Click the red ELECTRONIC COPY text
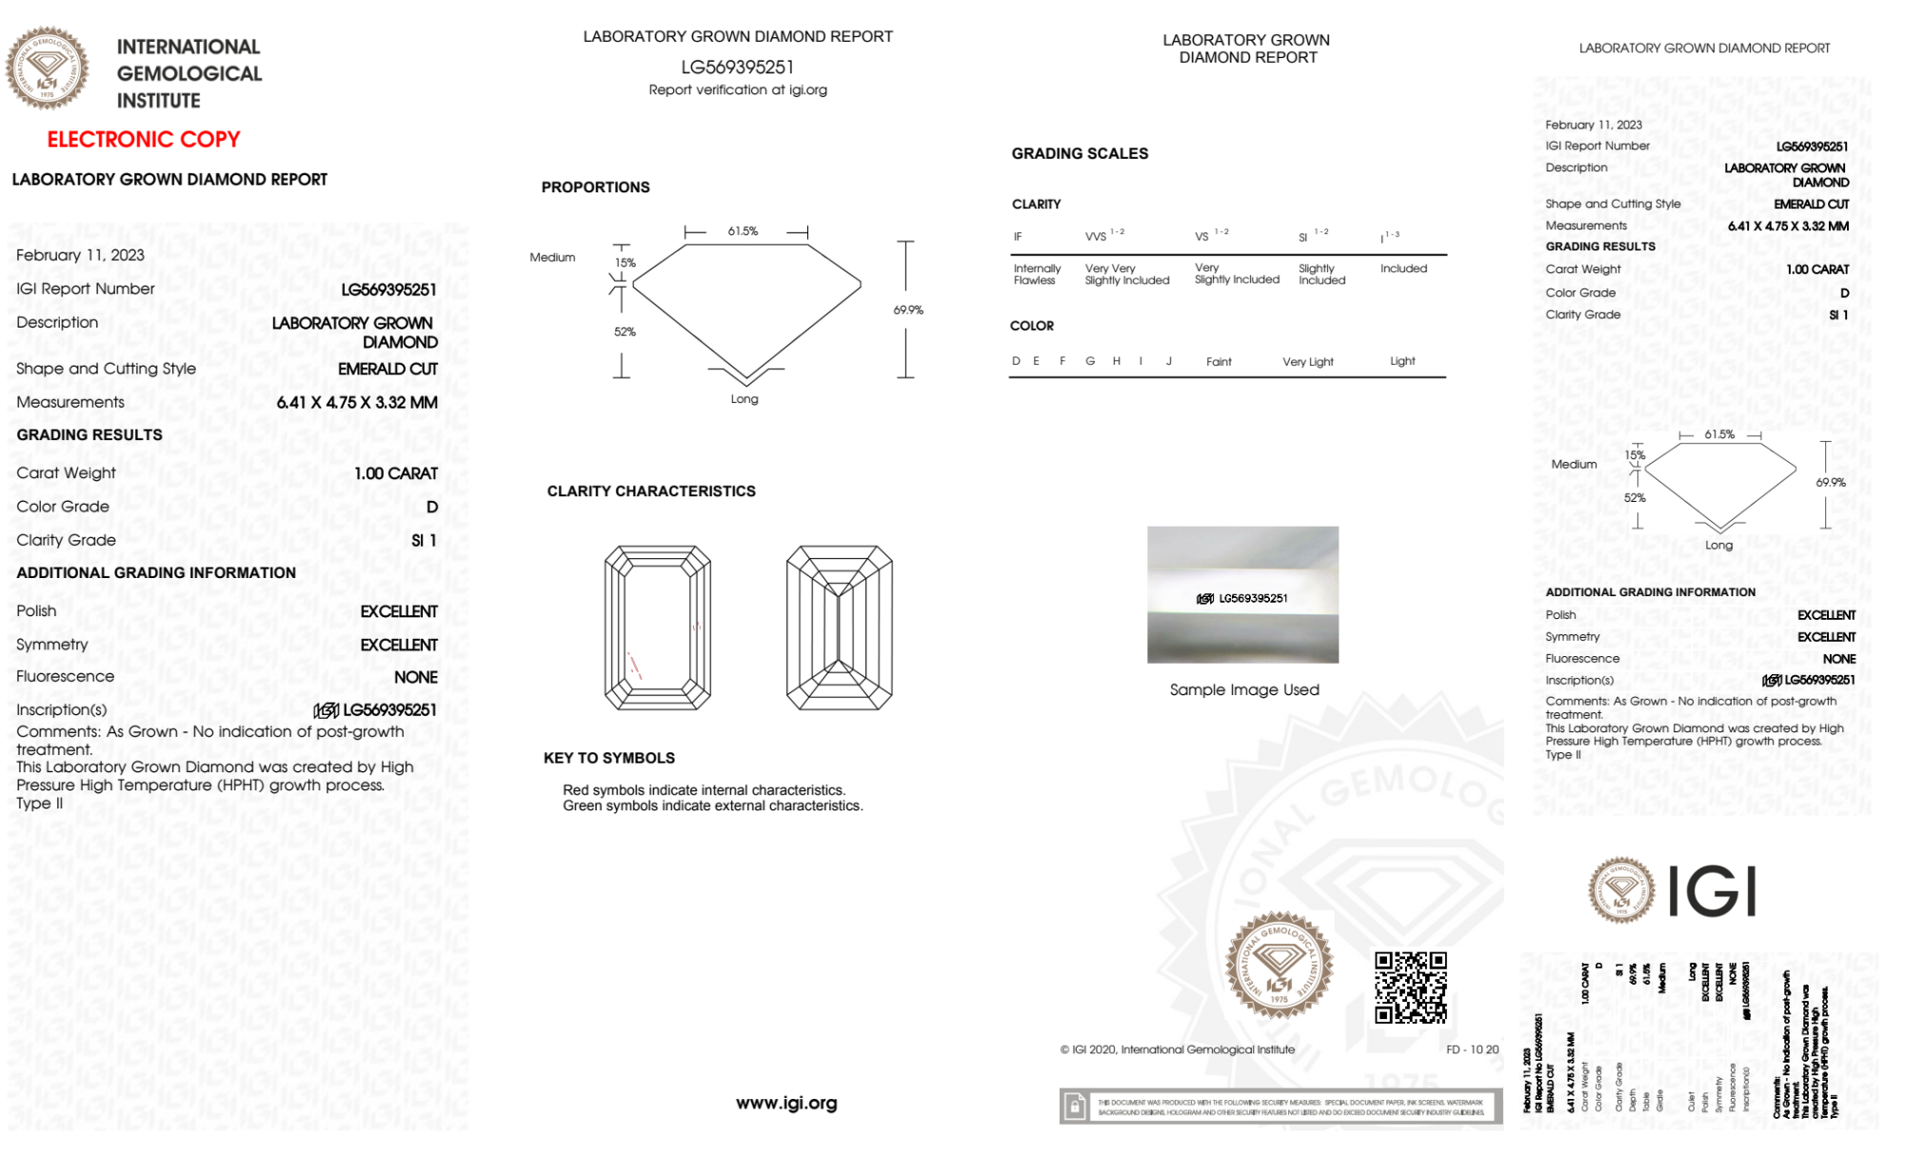tap(144, 139)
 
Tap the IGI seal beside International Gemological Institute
tap(47, 68)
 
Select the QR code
tap(1410, 987)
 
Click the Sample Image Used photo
tap(1242, 594)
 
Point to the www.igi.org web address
tap(786, 1103)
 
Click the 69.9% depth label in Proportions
tap(908, 310)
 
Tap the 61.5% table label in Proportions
tap(743, 231)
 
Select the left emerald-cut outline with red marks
tap(657, 628)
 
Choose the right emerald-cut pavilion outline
tap(839, 628)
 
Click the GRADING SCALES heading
tap(1080, 153)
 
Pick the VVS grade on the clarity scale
tap(1097, 236)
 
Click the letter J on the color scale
tap(1168, 361)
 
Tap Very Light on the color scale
tap(1307, 362)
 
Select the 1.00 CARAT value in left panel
tap(396, 473)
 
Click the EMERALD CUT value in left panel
tap(387, 369)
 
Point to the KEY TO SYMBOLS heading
tap(609, 758)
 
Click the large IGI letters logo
tap(1713, 891)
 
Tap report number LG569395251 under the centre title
tap(737, 67)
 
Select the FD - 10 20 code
tap(1472, 1049)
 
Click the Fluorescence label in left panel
tap(65, 676)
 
